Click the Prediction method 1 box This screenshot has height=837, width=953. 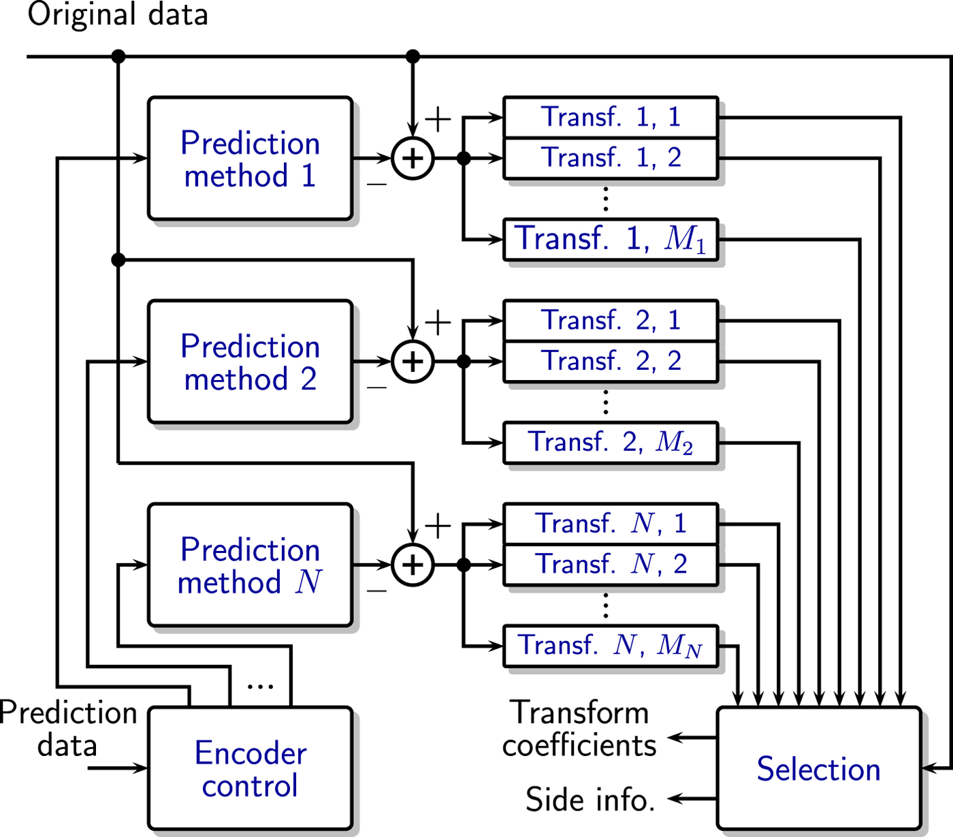[250, 159]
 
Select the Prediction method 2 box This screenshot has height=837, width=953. [250, 362]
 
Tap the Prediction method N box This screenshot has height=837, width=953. [250, 565]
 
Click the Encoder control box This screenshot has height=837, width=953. [250, 769]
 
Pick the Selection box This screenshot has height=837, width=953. [819, 769]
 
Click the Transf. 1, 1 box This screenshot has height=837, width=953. [611, 117]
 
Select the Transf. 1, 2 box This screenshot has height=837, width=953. [611, 158]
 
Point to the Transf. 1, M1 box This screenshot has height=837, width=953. [611, 239]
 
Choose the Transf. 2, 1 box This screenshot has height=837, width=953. [611, 320]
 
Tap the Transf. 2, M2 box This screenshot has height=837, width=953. [611, 443]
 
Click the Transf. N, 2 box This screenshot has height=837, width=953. [611, 565]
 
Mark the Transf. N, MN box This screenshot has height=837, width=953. [611, 646]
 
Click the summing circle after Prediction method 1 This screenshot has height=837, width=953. [413, 159]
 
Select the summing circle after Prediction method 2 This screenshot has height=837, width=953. [413, 362]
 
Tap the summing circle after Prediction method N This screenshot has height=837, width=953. [413, 565]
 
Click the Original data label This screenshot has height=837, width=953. [117, 15]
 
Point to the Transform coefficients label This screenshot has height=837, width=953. [579, 729]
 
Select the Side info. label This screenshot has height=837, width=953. [590, 799]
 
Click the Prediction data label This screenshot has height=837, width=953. [68, 729]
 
